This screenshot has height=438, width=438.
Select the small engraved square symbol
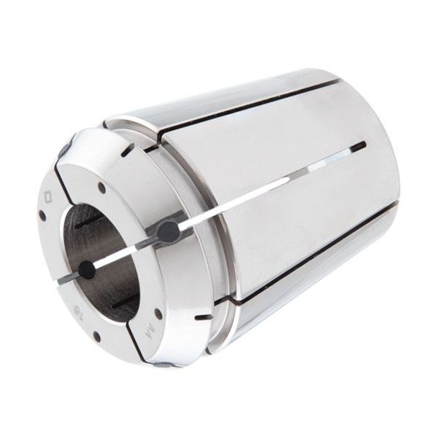49,196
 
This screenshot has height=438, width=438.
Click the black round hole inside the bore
88,269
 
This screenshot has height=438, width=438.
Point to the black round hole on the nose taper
169,232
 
